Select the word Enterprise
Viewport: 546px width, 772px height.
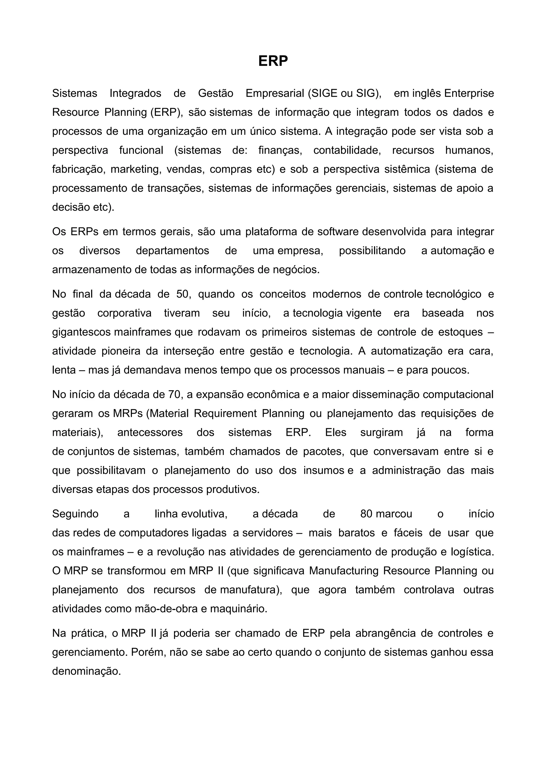(x=469, y=93)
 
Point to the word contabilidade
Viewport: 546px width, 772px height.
(x=347, y=150)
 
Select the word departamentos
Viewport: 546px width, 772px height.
(x=172, y=251)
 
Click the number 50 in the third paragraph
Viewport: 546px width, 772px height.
(x=183, y=294)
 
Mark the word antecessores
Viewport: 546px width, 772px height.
(x=150, y=432)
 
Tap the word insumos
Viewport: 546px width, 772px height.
(x=324, y=470)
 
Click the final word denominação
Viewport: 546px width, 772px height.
(x=86, y=672)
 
